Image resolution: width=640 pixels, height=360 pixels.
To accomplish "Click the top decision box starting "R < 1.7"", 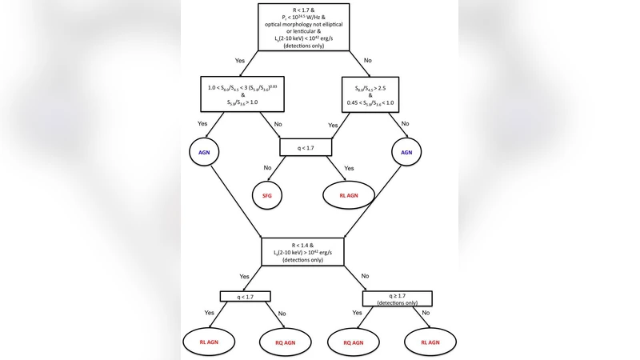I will [319, 26].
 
